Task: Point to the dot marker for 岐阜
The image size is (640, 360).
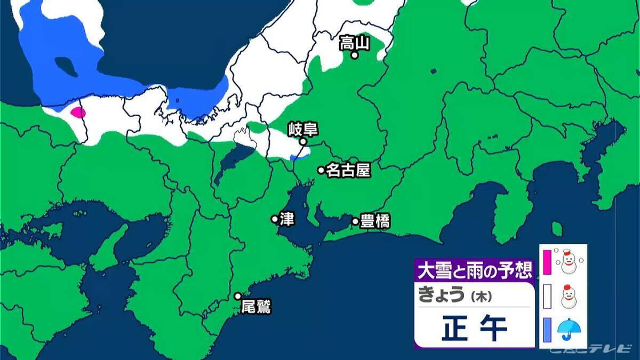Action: [302, 142]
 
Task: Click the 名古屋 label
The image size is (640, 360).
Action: [348, 170]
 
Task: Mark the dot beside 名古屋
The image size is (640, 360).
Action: [321, 170]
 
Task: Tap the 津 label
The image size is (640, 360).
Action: [287, 219]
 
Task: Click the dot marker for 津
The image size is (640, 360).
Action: [275, 219]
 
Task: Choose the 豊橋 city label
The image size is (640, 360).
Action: [375, 221]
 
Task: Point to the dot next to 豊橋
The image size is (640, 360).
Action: [355, 221]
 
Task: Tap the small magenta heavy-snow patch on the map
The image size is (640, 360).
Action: [78, 113]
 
